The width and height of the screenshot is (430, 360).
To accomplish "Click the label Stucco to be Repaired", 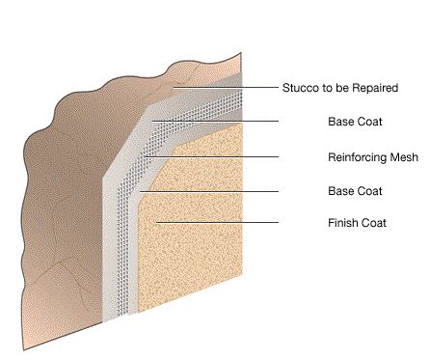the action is (338, 88).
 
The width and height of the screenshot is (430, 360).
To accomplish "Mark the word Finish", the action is (341, 224).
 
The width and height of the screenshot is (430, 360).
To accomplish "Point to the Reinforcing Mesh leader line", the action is (212, 156).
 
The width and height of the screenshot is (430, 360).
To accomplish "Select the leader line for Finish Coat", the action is (222, 224).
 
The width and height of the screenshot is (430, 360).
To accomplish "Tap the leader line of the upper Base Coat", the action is (217, 123).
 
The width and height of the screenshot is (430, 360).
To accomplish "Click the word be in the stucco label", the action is (336, 88).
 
